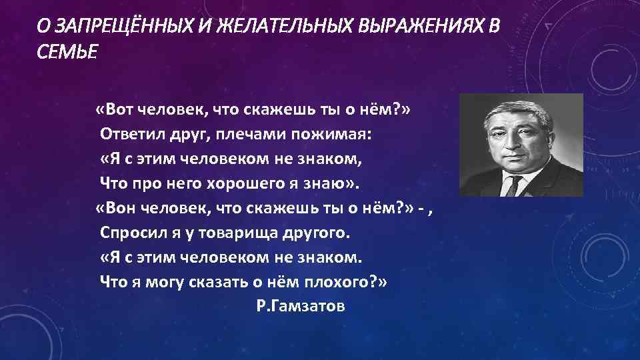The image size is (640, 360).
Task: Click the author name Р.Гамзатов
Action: coord(300,306)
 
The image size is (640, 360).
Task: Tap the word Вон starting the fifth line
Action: coord(121,209)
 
